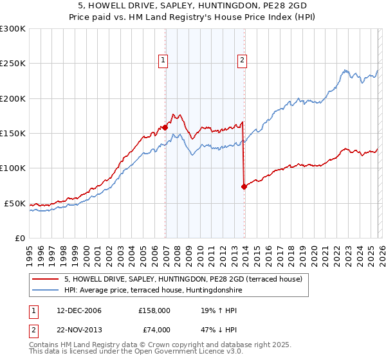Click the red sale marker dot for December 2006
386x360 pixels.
[x=165, y=127]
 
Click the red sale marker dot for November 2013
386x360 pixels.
[x=244, y=186]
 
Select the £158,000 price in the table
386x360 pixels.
[x=154, y=310]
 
